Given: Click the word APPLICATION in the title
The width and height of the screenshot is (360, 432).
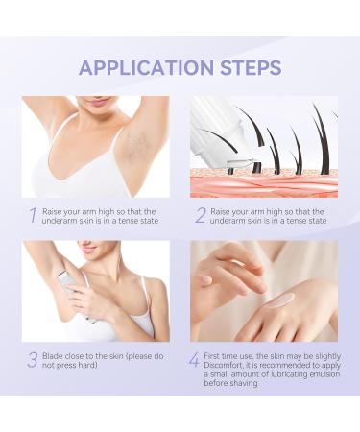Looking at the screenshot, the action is point(146,67).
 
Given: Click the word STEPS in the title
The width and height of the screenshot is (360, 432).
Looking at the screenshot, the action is point(251,67).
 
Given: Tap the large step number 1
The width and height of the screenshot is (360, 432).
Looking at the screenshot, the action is point(33,215).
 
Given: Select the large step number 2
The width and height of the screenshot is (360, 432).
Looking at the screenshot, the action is point(201,215).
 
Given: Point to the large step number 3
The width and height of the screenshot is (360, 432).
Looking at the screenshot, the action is point(33,360).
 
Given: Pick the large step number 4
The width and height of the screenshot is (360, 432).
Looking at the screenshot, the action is point(194,360).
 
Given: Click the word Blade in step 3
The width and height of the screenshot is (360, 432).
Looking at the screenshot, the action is point(53,356).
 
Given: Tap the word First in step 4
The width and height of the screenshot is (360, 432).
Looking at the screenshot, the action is point(212,356).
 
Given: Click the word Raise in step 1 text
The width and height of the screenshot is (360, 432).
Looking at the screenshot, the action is point(52,211).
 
